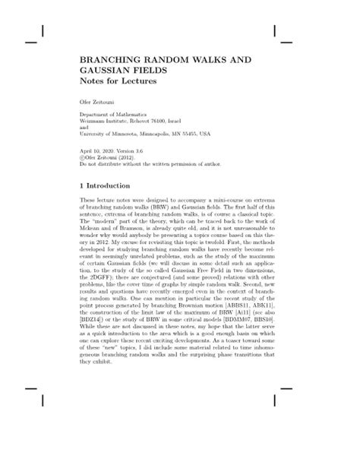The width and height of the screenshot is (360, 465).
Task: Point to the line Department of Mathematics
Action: [114, 114]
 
